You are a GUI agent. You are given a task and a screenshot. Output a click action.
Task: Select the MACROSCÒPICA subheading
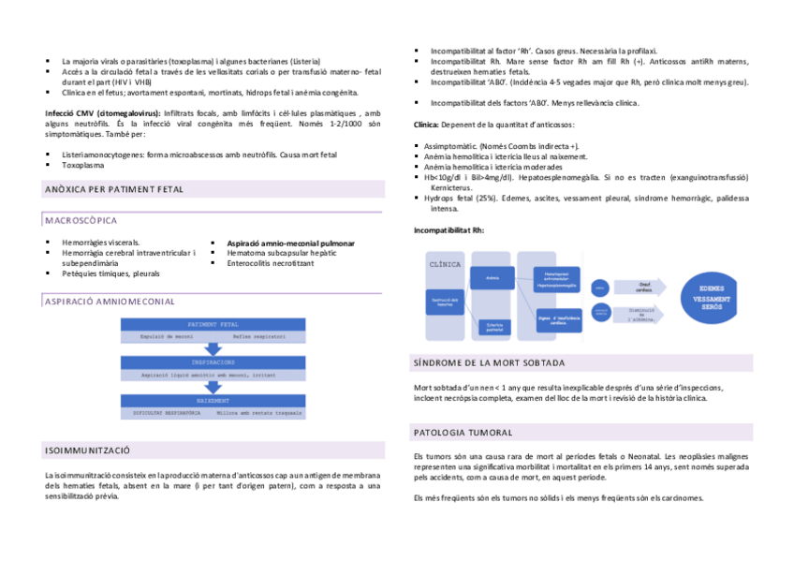coord(81,221)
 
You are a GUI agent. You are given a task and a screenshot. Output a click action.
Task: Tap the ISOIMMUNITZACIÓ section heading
coord(87,451)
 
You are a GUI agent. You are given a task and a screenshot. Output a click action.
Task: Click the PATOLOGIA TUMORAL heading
coord(463,433)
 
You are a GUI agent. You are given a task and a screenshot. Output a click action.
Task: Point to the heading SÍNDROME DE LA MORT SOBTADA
coord(488,362)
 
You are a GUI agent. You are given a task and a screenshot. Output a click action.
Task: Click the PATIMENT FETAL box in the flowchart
coord(213,324)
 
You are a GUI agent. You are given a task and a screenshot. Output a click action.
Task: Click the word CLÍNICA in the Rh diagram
coord(445,264)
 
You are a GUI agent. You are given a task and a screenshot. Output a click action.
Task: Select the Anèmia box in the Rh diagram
coord(493,278)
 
